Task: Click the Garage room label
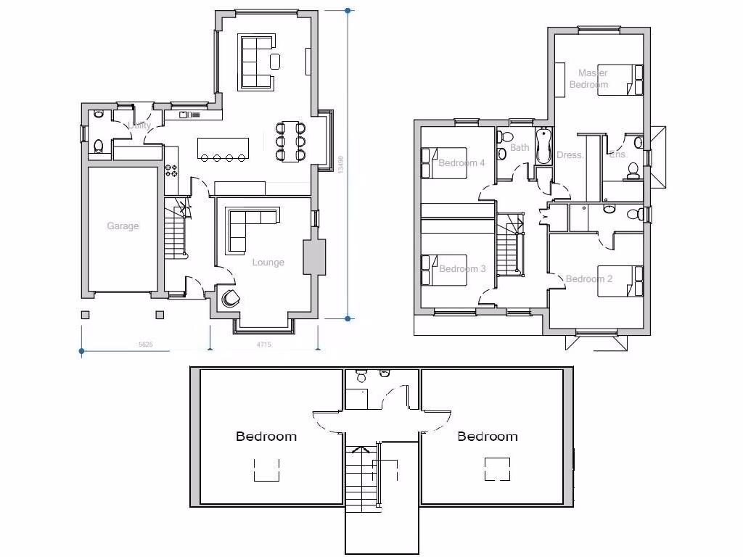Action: (x=123, y=226)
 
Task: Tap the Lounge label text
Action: (x=268, y=263)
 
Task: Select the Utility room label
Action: (x=140, y=125)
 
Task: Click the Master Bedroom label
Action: (x=590, y=78)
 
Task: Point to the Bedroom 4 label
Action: (x=461, y=163)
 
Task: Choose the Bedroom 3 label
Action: (x=462, y=269)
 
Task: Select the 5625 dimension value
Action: (x=146, y=345)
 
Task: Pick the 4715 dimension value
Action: (x=263, y=345)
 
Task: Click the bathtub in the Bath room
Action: (x=543, y=147)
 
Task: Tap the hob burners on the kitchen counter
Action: (x=172, y=170)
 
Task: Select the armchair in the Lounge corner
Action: (x=231, y=297)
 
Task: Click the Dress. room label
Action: (x=570, y=155)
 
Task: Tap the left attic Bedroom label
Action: (x=266, y=437)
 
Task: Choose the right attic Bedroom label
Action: (x=488, y=437)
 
